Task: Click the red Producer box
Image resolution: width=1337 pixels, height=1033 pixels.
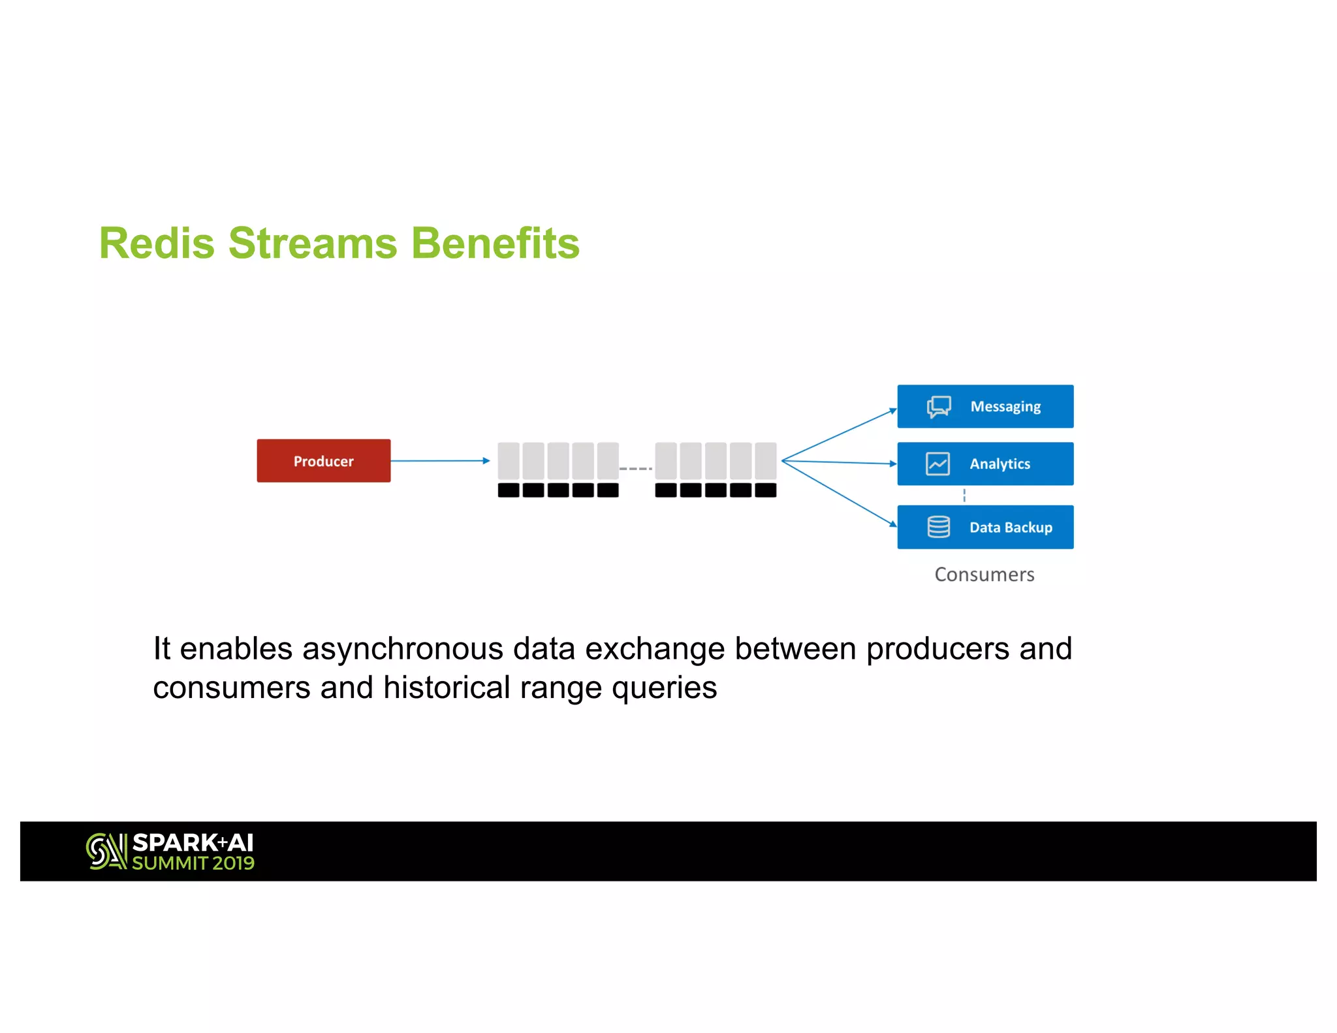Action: [x=323, y=461]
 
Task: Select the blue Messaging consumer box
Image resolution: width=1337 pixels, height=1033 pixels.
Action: [x=985, y=406]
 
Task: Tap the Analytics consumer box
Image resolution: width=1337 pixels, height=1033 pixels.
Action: [x=985, y=464]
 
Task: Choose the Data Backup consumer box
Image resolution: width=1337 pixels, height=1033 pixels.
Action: [x=985, y=527]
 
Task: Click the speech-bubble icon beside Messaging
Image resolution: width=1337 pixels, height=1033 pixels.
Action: [x=938, y=407]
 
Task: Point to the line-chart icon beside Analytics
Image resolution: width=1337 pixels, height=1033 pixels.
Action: [x=937, y=464]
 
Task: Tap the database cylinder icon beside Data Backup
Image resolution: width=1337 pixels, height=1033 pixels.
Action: [x=938, y=527]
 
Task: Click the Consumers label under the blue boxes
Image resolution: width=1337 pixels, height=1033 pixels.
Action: [x=984, y=575]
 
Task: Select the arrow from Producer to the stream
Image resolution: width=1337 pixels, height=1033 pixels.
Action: [x=439, y=461]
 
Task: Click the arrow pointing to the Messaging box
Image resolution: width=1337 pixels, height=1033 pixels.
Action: [x=839, y=435]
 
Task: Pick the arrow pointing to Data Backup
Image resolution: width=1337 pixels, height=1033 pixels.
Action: [x=839, y=493]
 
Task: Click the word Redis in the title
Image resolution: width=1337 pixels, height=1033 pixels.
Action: [x=157, y=244]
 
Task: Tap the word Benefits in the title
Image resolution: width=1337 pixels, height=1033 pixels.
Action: [x=495, y=244]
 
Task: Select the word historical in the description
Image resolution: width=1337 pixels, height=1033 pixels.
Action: [x=447, y=688]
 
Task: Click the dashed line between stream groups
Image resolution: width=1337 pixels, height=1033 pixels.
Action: [x=636, y=469]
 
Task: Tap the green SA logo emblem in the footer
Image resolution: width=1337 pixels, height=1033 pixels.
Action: [x=106, y=851]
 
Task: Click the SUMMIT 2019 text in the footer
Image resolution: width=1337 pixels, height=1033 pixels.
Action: [x=193, y=863]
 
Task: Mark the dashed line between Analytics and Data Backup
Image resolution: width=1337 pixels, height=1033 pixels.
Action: [x=964, y=496]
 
